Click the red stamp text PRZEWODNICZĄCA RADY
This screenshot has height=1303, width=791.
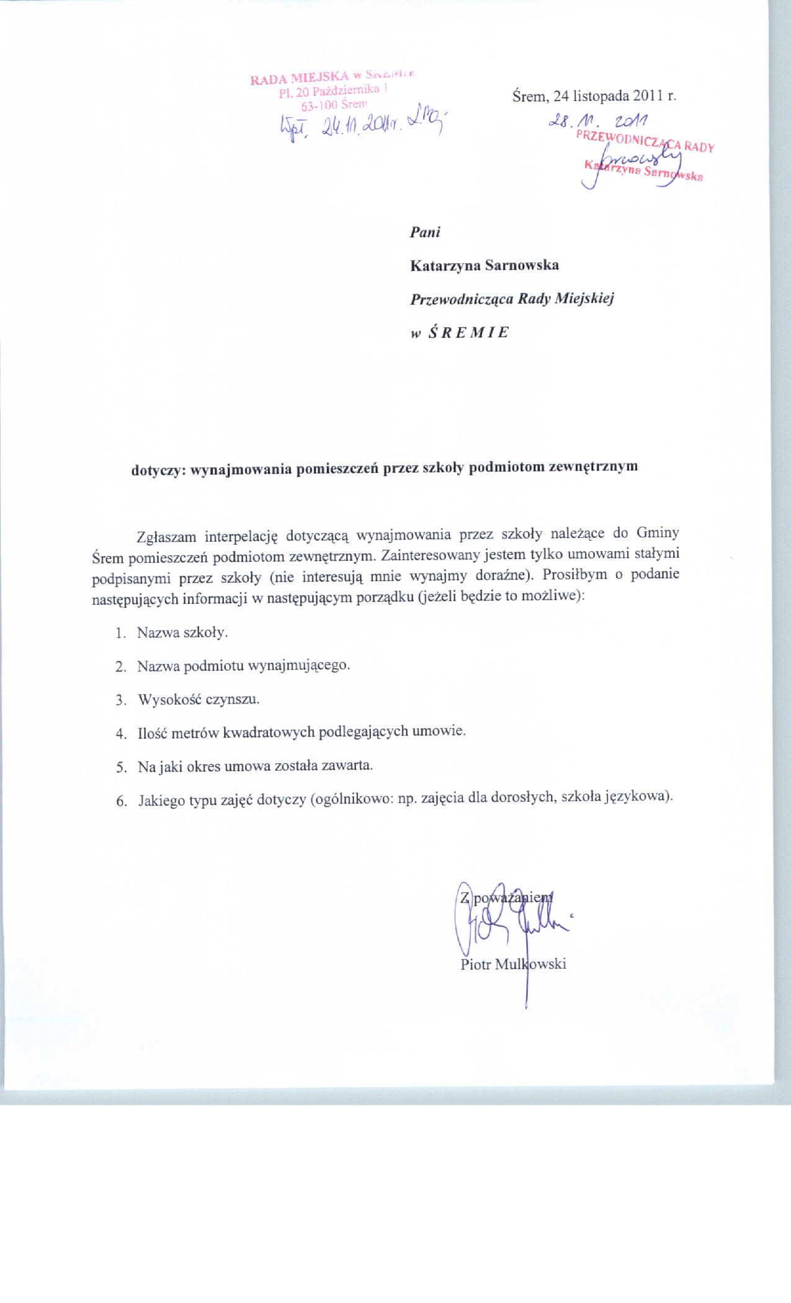pyautogui.click(x=645, y=141)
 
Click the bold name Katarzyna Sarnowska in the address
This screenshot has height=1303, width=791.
pyautogui.click(x=485, y=266)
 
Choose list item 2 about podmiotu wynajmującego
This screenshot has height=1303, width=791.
pyautogui.click(x=244, y=666)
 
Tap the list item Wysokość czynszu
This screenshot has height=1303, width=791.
pyautogui.click(x=199, y=699)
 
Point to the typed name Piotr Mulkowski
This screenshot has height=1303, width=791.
pyautogui.click(x=514, y=964)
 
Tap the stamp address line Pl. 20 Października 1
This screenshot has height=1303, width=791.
pyautogui.click(x=333, y=91)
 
